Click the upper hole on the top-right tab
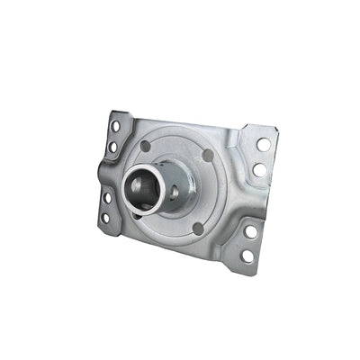[x=263, y=144]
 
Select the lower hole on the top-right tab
[x=259, y=169]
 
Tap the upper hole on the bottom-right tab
[x=251, y=231]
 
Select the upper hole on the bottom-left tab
[x=107, y=198]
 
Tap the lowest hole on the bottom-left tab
[x=105, y=217]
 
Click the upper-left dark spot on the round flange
[x=145, y=146]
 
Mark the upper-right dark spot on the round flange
[x=209, y=156]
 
